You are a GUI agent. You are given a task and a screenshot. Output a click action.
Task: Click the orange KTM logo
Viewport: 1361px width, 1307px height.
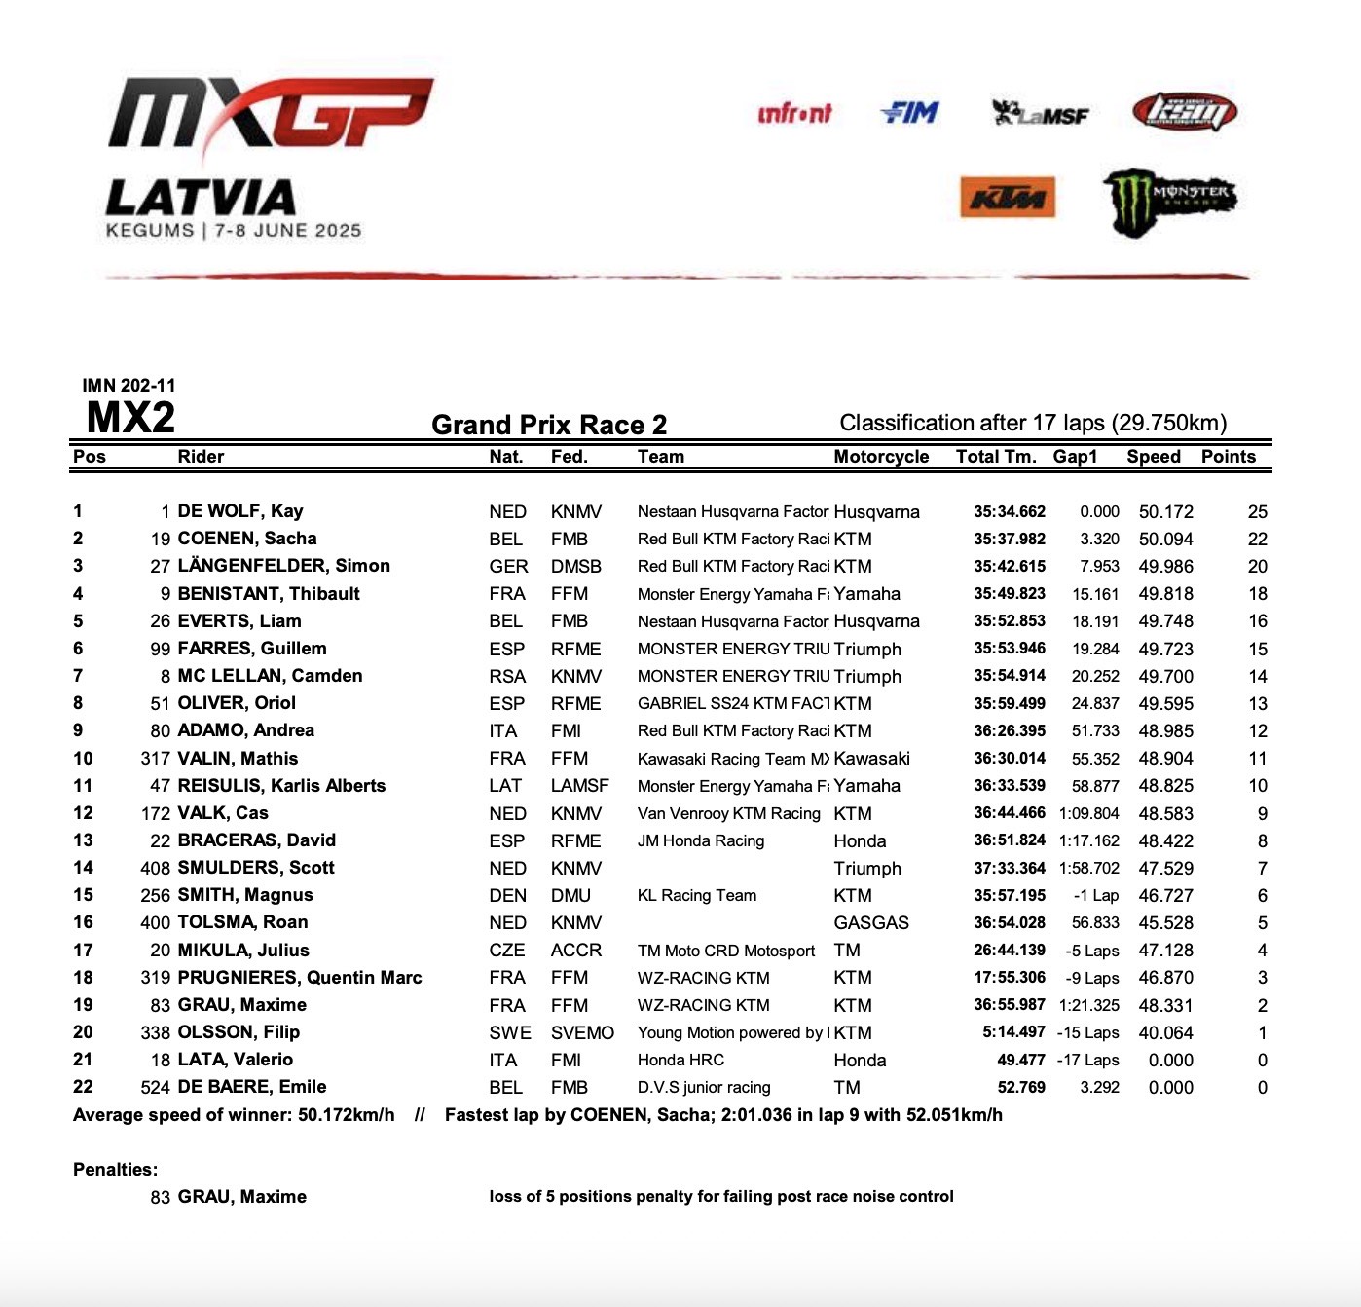coord(1008,198)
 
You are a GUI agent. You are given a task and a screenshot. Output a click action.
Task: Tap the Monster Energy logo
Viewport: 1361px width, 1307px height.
coord(1170,202)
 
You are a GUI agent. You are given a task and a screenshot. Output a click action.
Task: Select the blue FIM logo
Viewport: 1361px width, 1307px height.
coord(910,114)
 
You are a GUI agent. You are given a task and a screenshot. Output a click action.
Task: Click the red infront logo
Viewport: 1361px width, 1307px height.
coord(794,114)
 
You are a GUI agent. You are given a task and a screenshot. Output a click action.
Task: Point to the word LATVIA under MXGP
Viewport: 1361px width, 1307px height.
coord(201,198)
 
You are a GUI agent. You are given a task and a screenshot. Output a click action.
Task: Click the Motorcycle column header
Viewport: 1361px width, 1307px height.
coord(881,457)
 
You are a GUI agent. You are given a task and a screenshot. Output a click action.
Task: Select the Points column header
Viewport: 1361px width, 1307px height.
coord(1228,457)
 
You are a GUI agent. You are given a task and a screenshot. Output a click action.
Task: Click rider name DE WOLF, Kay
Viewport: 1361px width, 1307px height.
coord(240,511)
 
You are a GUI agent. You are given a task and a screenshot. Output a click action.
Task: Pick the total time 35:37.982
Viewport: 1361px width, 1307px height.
coord(1010,539)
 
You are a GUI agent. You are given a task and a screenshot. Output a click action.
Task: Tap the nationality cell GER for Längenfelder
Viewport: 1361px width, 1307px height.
coord(508,566)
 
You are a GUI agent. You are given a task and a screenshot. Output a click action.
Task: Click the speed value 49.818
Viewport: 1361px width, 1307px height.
coord(1165,594)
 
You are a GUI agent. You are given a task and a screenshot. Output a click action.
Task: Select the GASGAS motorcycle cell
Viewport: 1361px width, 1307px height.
coord(871,922)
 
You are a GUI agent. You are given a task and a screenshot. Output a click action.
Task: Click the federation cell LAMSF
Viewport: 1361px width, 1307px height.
coord(579,786)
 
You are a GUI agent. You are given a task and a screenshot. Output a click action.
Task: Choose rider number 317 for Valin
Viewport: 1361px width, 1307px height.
coord(156,759)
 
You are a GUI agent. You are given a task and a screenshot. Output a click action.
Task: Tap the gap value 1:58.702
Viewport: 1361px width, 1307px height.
coord(1088,868)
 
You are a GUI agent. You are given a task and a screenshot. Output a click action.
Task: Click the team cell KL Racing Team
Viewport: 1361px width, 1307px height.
coord(696,895)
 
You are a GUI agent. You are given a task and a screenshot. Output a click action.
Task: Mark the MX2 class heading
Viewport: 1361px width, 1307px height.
coord(130,418)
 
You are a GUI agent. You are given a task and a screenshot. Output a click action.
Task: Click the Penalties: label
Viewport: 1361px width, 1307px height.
coord(115,1170)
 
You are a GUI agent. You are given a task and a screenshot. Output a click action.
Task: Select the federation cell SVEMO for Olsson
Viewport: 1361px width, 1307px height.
coord(582,1032)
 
